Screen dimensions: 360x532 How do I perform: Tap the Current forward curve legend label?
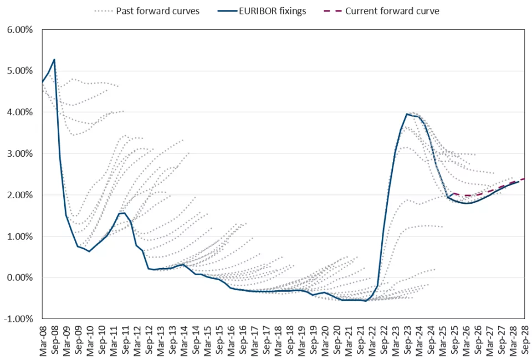[x=392, y=11]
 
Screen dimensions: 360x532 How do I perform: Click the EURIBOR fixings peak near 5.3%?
[x=54, y=59]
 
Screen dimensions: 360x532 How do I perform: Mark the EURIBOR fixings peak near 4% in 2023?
[x=407, y=114]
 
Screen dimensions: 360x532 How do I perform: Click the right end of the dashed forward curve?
[x=524, y=178]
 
